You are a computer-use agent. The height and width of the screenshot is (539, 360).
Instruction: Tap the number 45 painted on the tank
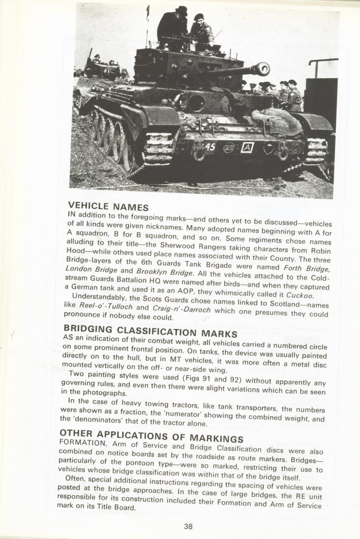coord(211,147)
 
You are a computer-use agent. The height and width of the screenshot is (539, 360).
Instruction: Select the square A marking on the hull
coord(247,147)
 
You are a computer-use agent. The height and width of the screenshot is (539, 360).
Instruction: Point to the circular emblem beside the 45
coord(229,147)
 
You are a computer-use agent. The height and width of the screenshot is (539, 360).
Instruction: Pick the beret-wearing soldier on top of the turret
coord(200,31)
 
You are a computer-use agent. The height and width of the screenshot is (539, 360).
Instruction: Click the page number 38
coord(188,526)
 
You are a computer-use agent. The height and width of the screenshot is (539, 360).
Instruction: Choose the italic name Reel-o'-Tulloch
coord(105,305)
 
